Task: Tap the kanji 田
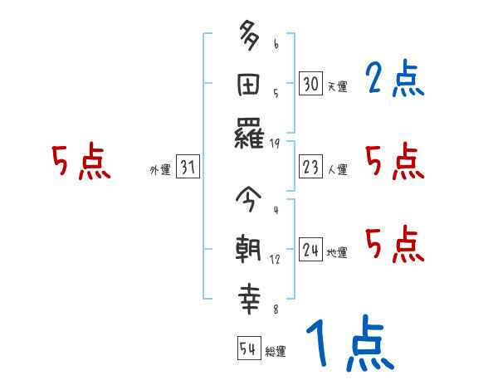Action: pos(250,85)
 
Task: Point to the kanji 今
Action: pos(250,201)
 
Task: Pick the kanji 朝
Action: pos(250,250)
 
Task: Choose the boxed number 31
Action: pos(188,168)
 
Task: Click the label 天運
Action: pos(337,86)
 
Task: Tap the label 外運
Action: pos(159,170)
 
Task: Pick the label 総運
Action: pos(276,351)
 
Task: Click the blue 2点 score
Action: pos(394,80)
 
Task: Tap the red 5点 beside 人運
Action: pos(394,161)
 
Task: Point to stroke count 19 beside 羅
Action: pos(275,143)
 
